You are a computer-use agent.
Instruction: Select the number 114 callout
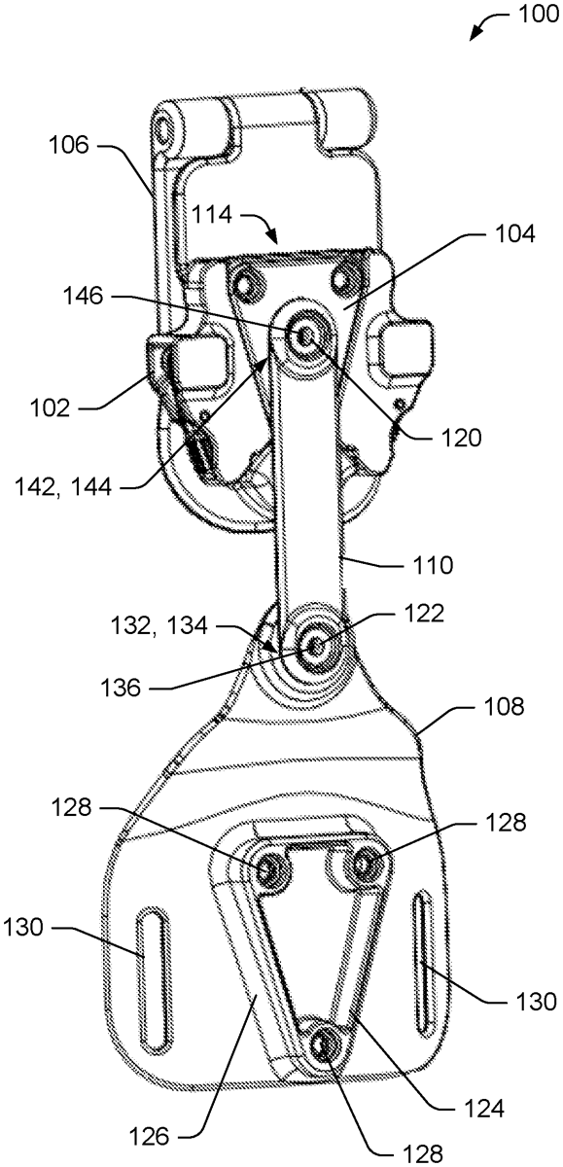[x=211, y=214]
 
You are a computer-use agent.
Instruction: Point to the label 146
[x=83, y=297]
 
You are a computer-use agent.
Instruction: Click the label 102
[x=49, y=407]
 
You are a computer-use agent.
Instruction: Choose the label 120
[x=460, y=439]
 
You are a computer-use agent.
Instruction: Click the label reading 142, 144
[x=63, y=487]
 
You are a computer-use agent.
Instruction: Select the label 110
[x=433, y=565]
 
